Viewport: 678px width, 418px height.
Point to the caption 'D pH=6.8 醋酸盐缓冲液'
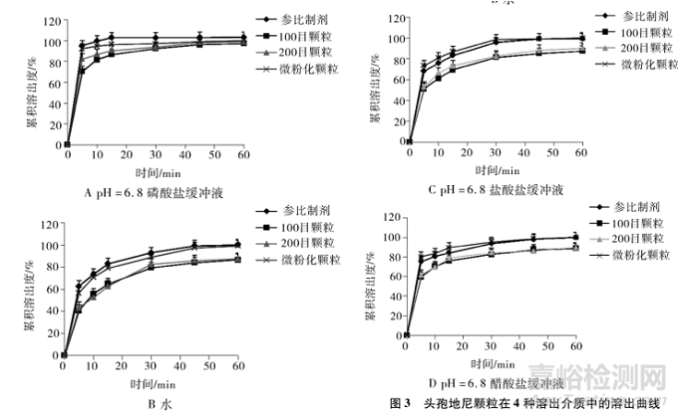coord(491,383)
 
